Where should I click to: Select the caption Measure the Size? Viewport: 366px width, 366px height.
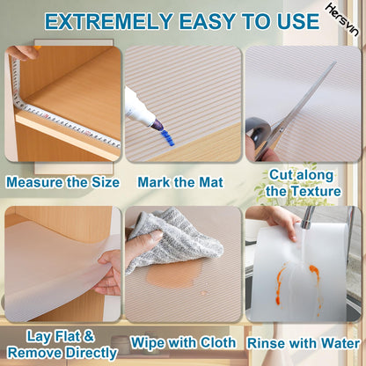pyautogui.click(x=61, y=183)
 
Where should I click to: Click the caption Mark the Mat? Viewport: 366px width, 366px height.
pyautogui.click(x=181, y=183)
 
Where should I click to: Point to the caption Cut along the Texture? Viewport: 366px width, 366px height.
pyautogui.click(x=302, y=183)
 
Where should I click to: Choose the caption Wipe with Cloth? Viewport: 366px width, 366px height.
pyautogui.click(x=182, y=342)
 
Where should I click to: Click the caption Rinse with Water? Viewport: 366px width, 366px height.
pyautogui.click(x=304, y=342)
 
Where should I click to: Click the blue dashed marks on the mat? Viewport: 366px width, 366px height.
pyautogui.click(x=169, y=138)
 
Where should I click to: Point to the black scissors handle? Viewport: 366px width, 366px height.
pyautogui.click(x=262, y=140)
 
